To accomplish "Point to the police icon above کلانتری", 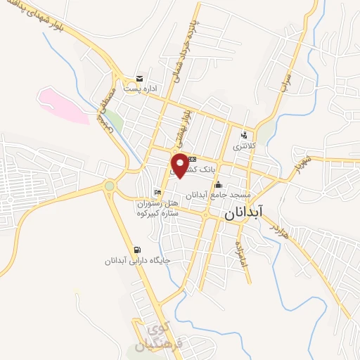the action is [x=244, y=135].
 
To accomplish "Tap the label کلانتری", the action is [x=246, y=147].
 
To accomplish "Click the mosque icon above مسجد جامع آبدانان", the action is [x=218, y=166].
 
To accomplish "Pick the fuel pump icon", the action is [x=136, y=249].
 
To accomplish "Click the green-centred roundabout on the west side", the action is [x=110, y=186].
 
